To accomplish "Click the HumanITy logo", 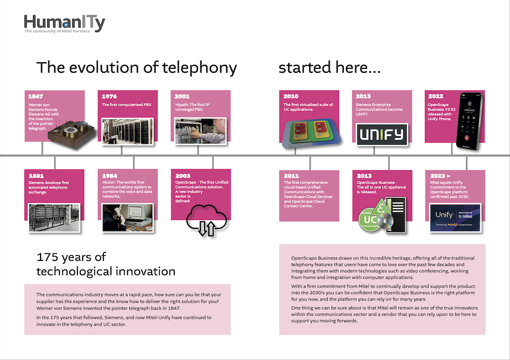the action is [x=64, y=24].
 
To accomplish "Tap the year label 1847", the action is [x=35, y=97].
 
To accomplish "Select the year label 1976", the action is [x=109, y=97].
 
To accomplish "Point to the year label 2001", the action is [x=182, y=97].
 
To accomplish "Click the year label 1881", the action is [x=36, y=176].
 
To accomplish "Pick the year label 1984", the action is [x=110, y=176].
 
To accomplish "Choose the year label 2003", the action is [x=183, y=176].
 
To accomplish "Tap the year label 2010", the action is [x=291, y=96].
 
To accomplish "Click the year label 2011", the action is [x=291, y=176].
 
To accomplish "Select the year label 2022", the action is [x=436, y=96].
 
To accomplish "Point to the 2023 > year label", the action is [x=440, y=176].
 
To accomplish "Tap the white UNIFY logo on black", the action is [x=382, y=134].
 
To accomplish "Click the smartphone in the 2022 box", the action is [x=469, y=122].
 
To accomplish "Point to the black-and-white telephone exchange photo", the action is [x=54, y=218].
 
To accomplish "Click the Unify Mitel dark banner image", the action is [x=455, y=218].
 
